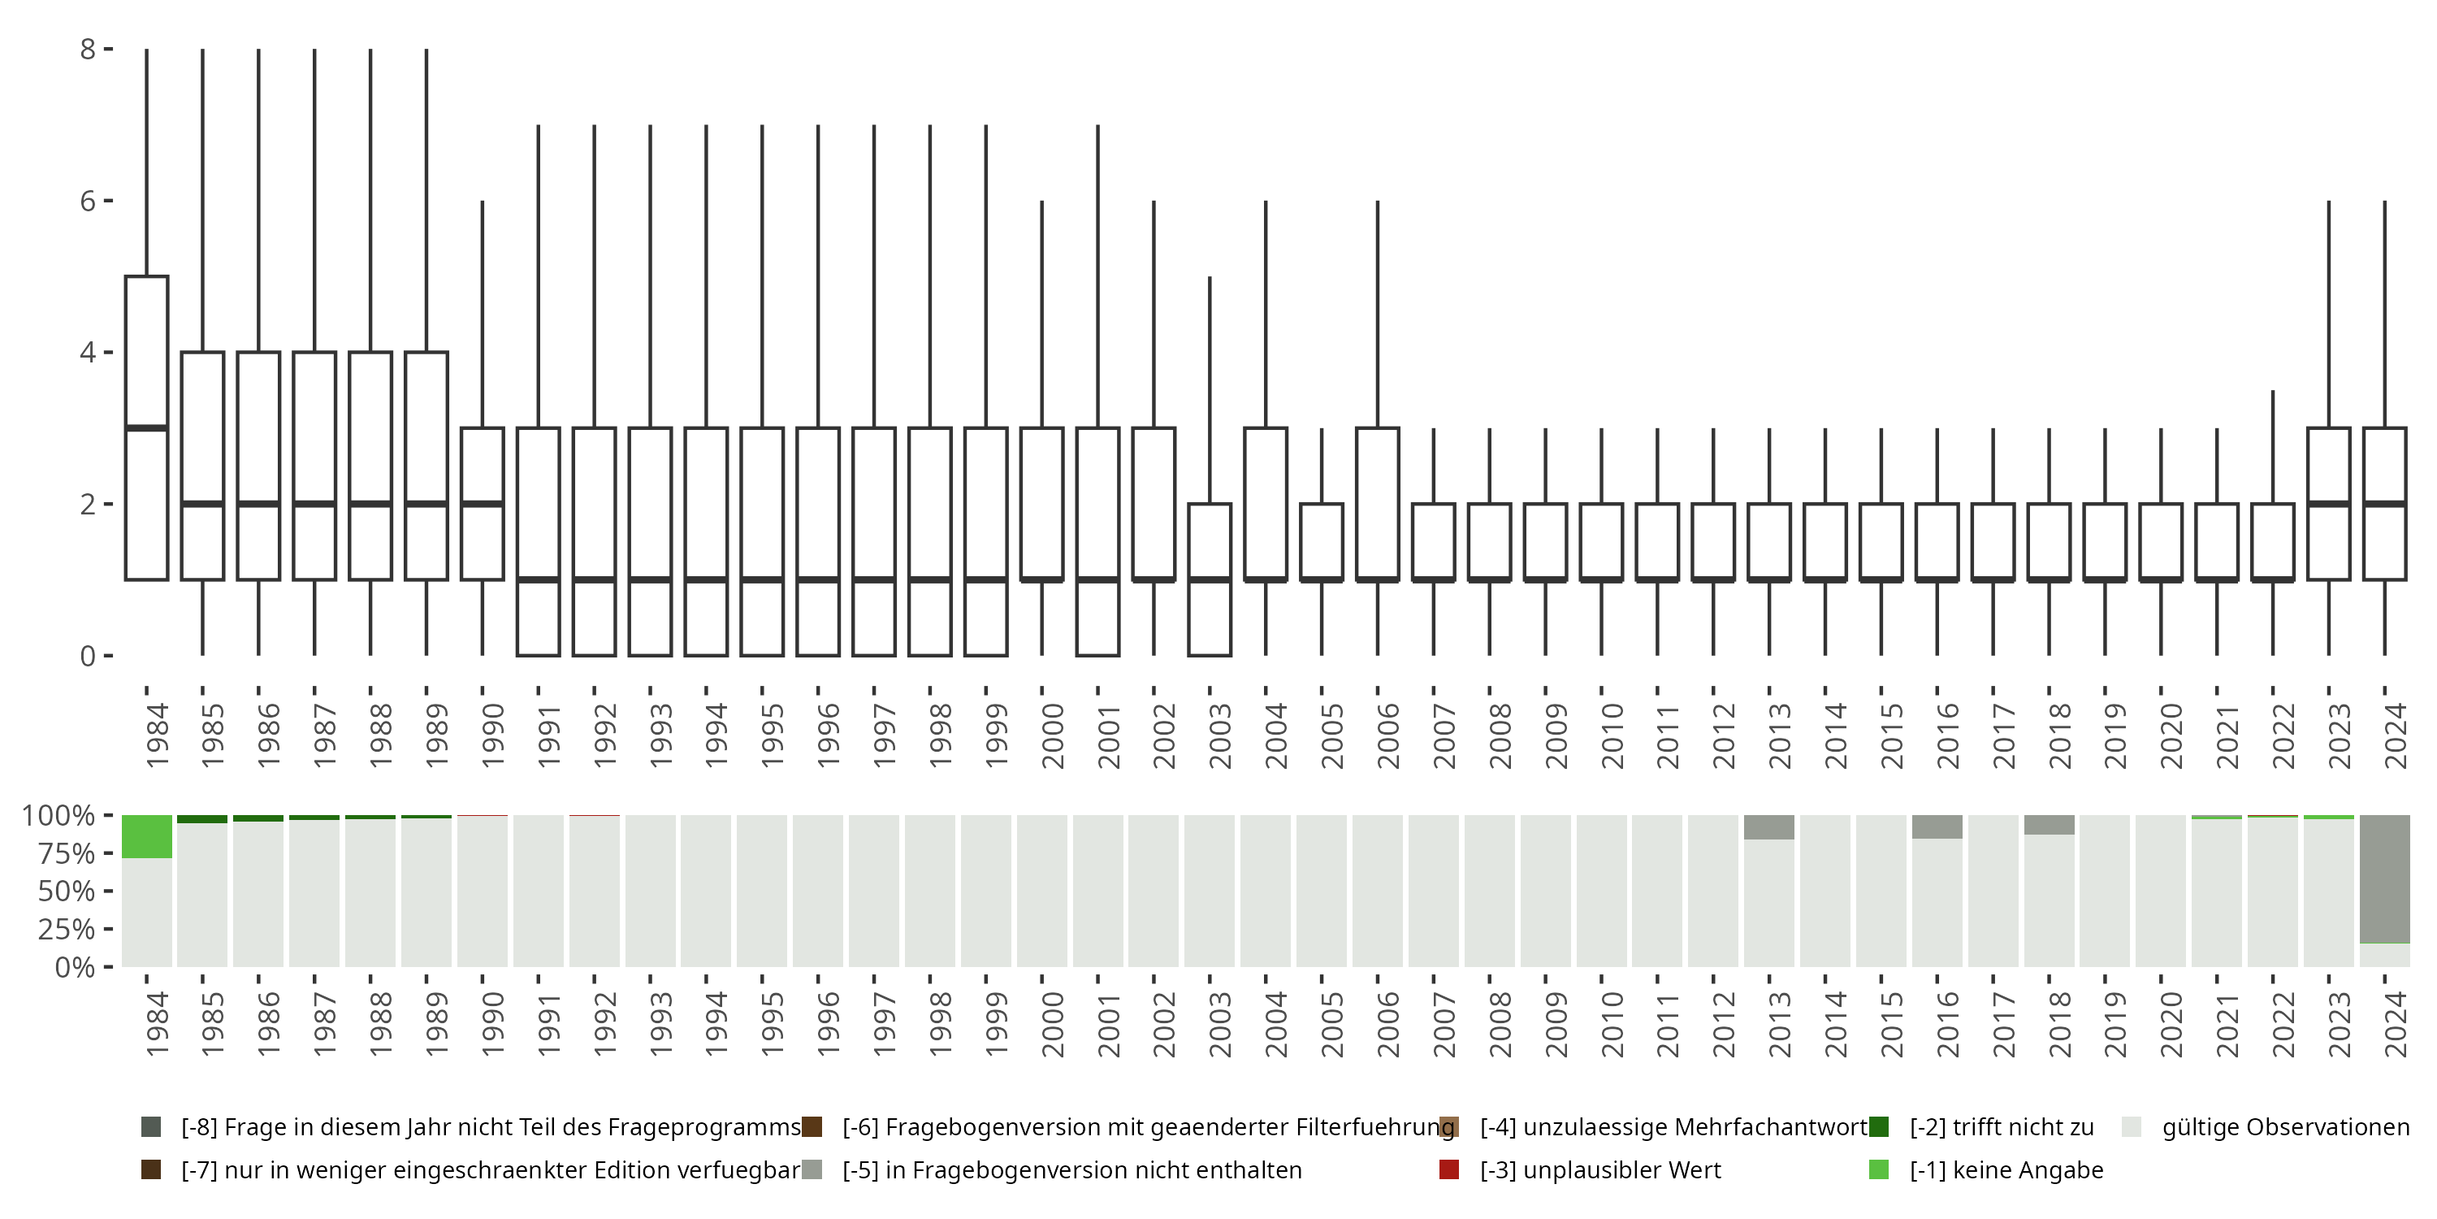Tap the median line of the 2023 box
(2328, 504)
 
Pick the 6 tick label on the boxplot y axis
(88, 201)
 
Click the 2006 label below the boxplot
(1387, 735)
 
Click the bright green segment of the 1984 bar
(147, 837)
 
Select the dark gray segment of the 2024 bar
(2384, 878)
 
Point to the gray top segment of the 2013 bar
(1769, 827)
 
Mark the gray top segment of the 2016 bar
(1937, 826)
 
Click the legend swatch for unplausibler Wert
(1448, 1169)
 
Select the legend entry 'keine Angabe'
(2006, 1169)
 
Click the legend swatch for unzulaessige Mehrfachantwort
(1448, 1127)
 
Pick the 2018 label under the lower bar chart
(2058, 1024)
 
